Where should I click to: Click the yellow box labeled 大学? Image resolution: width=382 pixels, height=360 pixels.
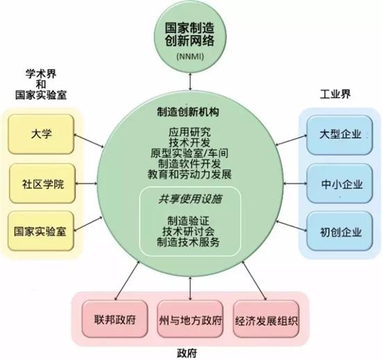(x=41, y=134)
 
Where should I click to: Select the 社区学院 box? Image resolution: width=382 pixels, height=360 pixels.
(x=42, y=183)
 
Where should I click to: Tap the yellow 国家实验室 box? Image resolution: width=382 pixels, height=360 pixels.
(x=41, y=231)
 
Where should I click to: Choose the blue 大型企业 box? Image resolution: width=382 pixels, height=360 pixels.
(x=340, y=135)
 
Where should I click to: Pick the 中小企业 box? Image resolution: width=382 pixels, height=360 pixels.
(x=340, y=183)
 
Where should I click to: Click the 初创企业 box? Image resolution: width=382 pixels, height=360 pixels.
(x=340, y=231)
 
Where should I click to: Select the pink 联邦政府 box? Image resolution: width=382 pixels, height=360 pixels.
(x=115, y=319)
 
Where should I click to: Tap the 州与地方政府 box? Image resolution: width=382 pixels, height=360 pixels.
(x=190, y=319)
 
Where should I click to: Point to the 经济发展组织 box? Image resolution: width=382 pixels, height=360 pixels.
(x=266, y=319)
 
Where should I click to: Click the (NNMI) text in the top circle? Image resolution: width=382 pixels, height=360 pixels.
(x=190, y=56)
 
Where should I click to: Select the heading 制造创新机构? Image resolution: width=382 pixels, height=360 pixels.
(x=188, y=112)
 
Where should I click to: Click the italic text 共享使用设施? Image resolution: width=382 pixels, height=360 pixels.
(x=190, y=199)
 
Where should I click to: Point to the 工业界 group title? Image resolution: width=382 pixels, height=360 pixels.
(x=335, y=94)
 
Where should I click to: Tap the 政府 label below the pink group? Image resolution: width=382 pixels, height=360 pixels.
(x=187, y=353)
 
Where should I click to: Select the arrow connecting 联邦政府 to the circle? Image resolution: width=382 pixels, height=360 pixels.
(x=127, y=281)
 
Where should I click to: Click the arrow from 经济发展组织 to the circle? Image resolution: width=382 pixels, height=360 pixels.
(x=254, y=281)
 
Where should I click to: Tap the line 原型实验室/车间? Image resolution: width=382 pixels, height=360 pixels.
(x=190, y=153)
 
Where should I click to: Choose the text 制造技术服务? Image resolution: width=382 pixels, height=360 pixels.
(x=188, y=242)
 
